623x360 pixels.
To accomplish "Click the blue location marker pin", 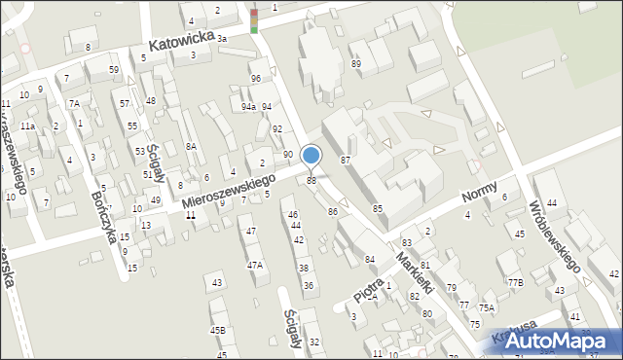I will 311,156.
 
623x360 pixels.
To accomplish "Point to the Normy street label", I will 480,191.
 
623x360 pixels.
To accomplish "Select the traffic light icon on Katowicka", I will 254,20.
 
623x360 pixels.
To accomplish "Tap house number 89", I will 356,63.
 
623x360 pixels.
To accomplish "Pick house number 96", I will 255,79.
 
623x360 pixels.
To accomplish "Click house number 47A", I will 254,265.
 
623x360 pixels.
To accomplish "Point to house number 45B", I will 217,330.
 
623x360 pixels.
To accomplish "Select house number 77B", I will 514,283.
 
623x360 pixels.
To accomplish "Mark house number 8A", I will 192,146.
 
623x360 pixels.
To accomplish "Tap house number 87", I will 345,159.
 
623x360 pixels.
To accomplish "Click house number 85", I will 378,208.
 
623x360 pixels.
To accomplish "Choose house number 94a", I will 248,107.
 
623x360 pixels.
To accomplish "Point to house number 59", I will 114,70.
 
